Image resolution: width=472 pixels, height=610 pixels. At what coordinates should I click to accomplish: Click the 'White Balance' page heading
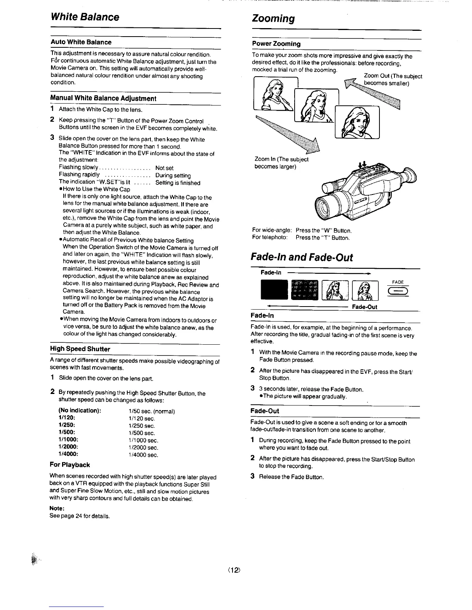click(85, 17)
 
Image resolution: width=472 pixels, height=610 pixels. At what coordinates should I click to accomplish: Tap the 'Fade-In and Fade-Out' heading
click(302, 257)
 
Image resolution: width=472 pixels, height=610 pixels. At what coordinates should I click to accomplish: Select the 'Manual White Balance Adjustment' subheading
click(103, 98)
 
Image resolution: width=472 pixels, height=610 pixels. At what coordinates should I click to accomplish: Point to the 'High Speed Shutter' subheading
click(80, 349)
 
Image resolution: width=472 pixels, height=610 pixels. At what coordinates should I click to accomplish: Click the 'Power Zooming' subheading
click(276, 44)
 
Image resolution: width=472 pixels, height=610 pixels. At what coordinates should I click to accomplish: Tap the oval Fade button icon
click(398, 291)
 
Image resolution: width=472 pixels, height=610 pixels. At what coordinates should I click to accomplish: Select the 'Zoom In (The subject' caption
click(282, 159)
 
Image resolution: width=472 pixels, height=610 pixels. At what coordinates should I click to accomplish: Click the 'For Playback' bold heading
click(70, 464)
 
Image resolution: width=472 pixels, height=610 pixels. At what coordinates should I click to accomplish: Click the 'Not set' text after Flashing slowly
click(164, 168)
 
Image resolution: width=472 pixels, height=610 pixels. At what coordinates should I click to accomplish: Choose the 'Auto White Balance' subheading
click(81, 42)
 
